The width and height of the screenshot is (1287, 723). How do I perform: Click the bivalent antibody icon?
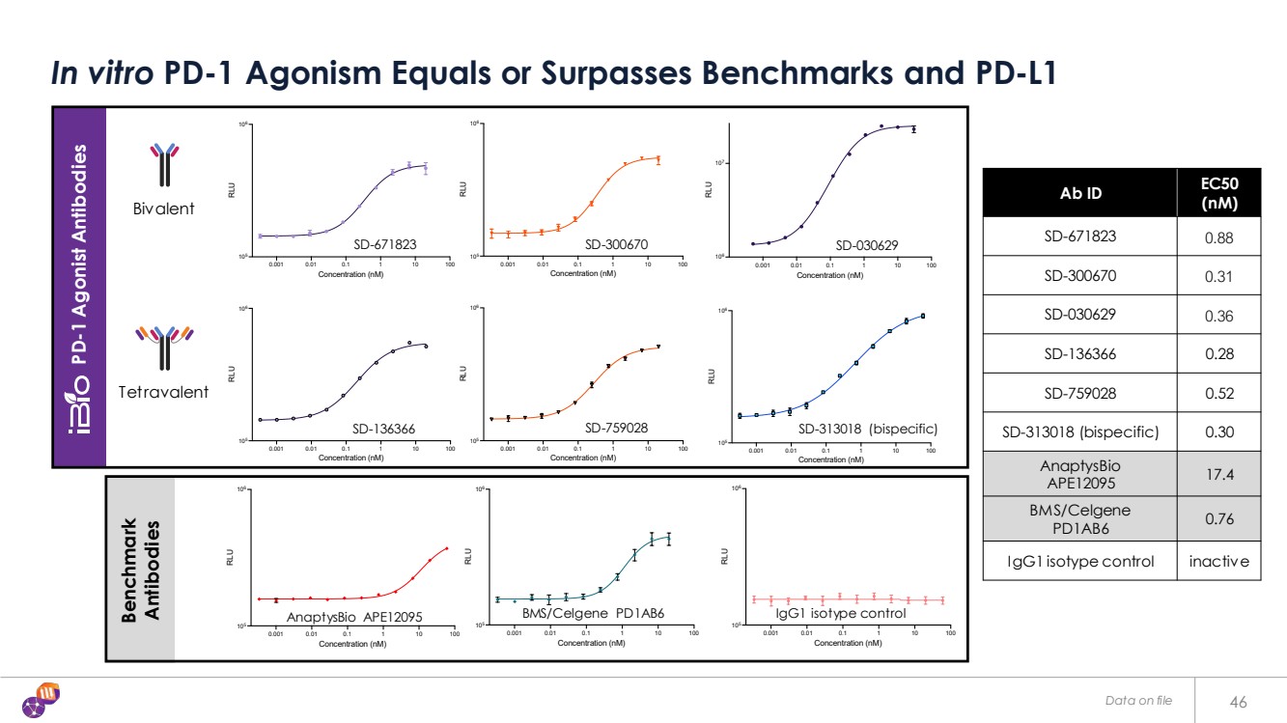tap(165, 164)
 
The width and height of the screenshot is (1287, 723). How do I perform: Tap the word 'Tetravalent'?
tap(164, 392)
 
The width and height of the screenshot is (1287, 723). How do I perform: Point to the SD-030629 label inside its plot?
tap(867, 246)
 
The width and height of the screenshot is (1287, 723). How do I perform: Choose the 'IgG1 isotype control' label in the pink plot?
tap(841, 613)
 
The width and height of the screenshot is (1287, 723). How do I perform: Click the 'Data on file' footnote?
tap(1139, 701)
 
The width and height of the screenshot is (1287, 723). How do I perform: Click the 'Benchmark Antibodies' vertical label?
tap(141, 570)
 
